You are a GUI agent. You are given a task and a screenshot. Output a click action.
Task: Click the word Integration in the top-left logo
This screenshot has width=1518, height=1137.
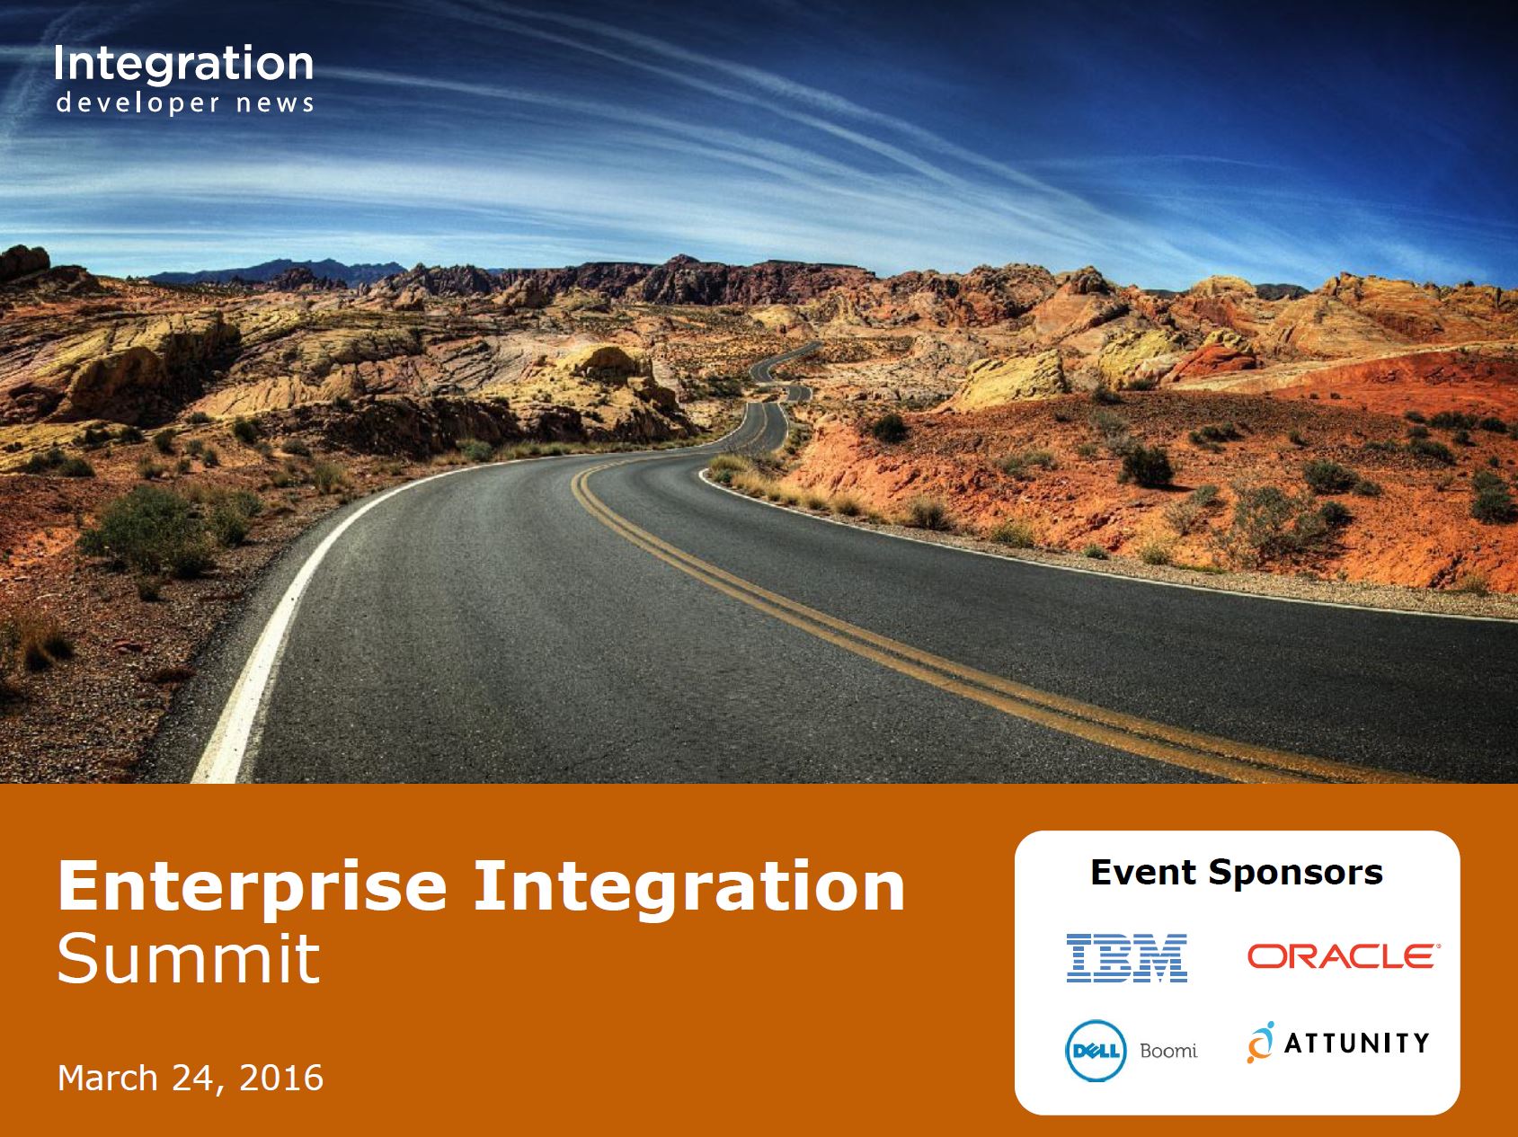click(184, 65)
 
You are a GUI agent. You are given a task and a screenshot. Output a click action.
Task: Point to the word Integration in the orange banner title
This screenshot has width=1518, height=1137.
click(689, 886)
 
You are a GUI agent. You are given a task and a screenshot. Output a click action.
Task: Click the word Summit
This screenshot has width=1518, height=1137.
click(189, 958)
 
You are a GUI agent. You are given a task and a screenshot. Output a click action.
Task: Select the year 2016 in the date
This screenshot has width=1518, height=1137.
click(281, 1077)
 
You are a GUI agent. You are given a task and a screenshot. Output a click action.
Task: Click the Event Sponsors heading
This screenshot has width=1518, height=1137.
click(1237, 872)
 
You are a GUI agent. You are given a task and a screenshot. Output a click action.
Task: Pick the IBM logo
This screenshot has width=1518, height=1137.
click(1127, 957)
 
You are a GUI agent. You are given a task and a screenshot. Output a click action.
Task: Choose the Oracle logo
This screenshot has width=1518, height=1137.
click(1341, 955)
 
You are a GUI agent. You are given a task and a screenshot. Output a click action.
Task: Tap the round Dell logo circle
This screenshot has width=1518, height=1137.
click(1096, 1051)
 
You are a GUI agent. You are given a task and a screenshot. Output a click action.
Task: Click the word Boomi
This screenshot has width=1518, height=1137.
click(1168, 1050)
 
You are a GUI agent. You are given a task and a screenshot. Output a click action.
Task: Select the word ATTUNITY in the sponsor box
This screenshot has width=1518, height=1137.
click(1357, 1043)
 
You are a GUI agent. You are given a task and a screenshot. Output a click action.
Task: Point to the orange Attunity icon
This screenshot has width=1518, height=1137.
click(1260, 1043)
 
